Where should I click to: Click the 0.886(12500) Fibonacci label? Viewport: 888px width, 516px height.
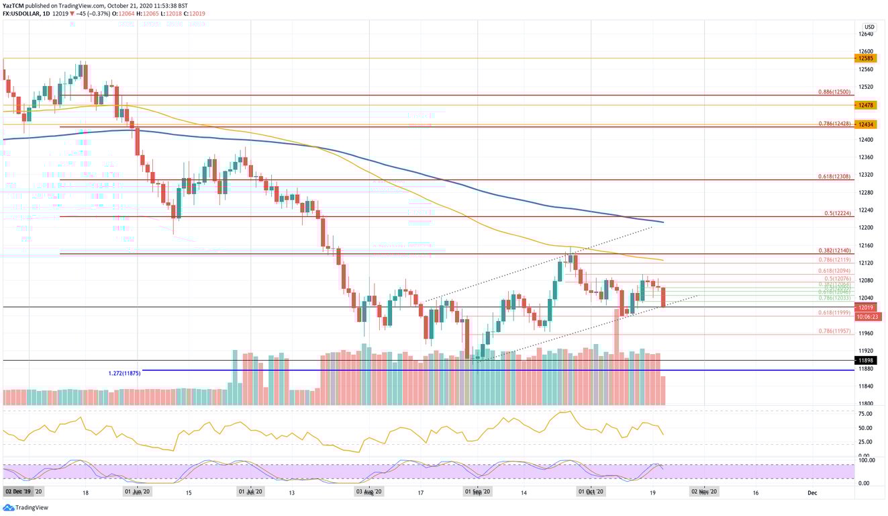(x=834, y=91)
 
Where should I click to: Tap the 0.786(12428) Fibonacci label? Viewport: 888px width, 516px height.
(x=834, y=124)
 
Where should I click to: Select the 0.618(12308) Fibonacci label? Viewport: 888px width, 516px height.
(x=834, y=176)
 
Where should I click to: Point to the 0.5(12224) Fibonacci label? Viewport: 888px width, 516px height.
(x=838, y=213)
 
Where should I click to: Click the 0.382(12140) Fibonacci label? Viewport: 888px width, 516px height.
(x=834, y=250)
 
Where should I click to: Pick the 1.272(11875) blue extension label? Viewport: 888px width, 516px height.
(x=124, y=373)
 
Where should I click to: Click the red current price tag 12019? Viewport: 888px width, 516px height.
(x=864, y=307)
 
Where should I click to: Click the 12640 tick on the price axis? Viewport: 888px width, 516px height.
(x=866, y=34)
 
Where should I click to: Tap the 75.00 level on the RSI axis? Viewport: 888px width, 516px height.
(x=865, y=415)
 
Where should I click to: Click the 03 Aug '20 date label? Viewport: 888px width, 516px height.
(x=369, y=492)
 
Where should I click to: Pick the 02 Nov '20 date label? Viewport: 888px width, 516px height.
(x=704, y=492)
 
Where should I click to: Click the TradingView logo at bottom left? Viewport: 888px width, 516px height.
(x=27, y=507)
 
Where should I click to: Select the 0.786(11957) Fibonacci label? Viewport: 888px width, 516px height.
(x=834, y=331)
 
